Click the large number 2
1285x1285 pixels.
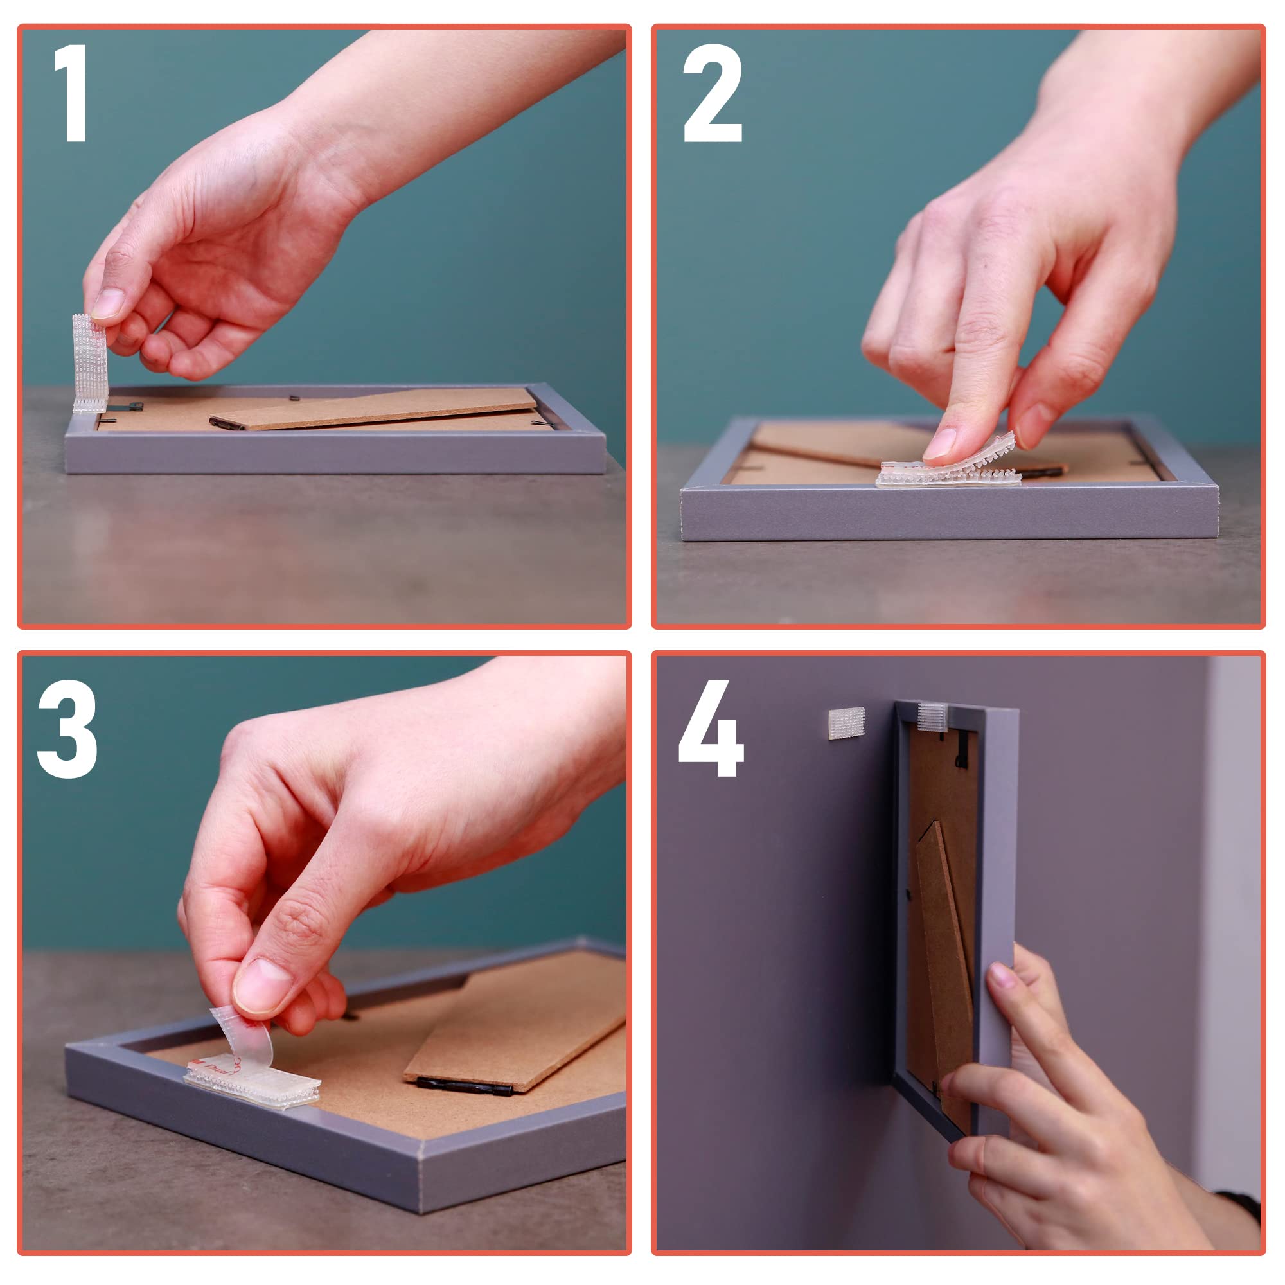click(x=713, y=93)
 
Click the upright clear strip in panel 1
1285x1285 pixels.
click(x=89, y=363)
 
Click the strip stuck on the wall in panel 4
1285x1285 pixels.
click(x=846, y=723)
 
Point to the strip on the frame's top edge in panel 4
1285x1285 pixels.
click(x=932, y=717)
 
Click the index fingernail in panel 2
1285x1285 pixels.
click(x=939, y=443)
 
